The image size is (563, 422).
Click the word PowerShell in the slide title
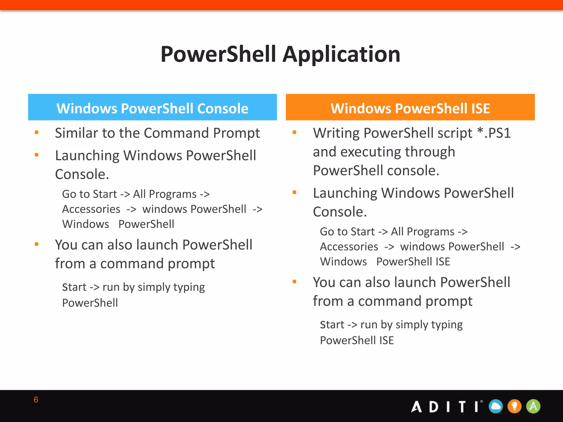pos(219,54)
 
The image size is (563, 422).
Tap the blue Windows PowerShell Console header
pos(152,108)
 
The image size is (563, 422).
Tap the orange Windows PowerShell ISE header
pos(410,108)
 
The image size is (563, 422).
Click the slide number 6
pos(36,400)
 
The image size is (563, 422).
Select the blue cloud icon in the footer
pos(496,406)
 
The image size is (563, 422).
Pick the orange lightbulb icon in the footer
pos(514,406)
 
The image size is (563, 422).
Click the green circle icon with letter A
pos(533,406)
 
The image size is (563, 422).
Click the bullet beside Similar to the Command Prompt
pos(37,133)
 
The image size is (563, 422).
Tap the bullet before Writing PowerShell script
pos(294,133)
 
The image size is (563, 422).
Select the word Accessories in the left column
pos(91,209)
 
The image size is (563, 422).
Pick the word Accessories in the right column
pos(349,247)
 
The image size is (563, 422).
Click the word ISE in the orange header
pos(481,108)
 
